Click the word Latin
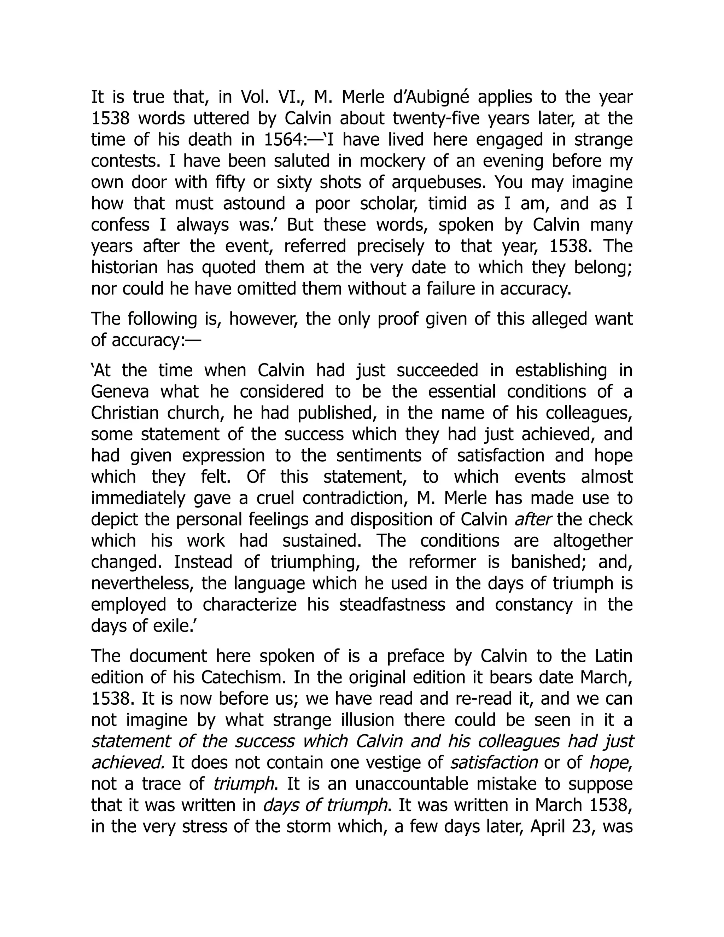point(614,656)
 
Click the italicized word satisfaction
point(493,763)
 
